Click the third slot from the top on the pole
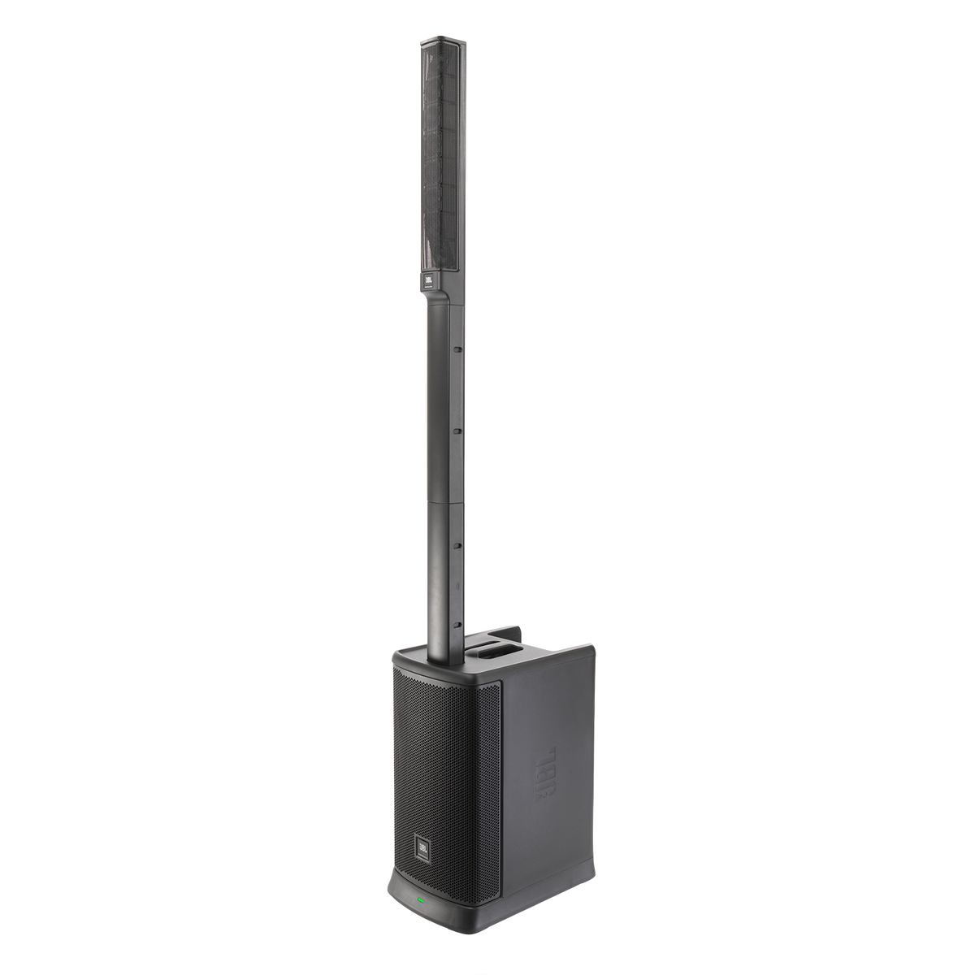tap(457, 546)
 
